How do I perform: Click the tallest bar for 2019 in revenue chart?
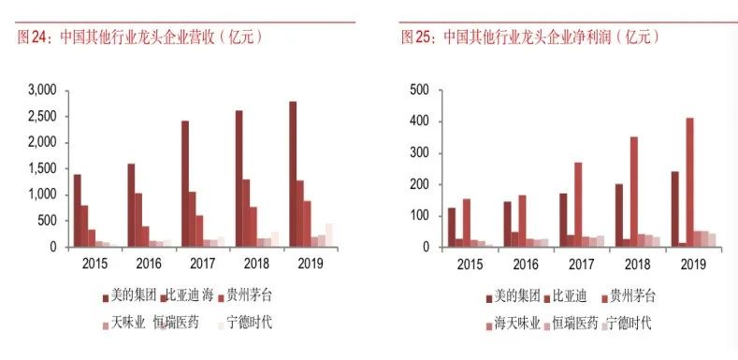(x=293, y=174)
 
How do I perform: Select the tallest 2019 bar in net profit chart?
(x=689, y=181)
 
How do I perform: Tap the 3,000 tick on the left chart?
(x=43, y=90)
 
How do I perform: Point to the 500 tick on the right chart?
(x=420, y=90)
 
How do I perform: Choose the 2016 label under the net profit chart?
(x=528, y=265)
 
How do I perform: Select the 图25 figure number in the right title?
(x=414, y=37)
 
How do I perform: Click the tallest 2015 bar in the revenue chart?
(x=77, y=210)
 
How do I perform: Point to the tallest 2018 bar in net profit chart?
(x=633, y=192)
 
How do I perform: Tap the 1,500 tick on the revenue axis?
(x=43, y=168)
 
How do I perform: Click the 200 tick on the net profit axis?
(x=420, y=184)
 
